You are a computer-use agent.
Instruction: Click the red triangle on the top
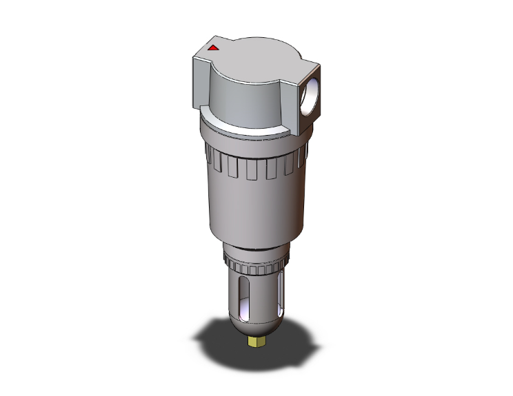[x=213, y=48]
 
